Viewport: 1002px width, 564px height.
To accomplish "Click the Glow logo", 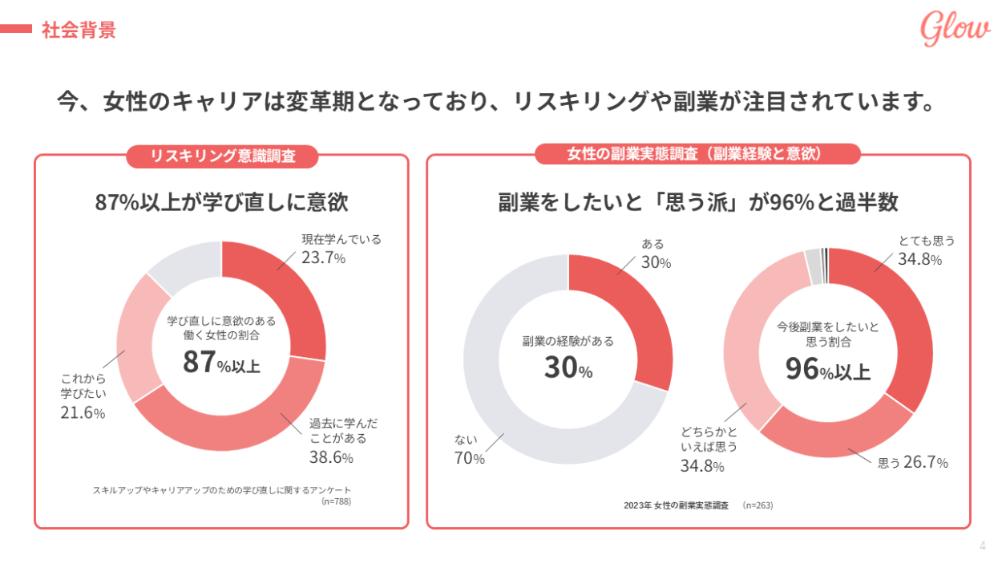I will [955, 30].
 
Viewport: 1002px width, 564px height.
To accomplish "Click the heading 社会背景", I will [79, 30].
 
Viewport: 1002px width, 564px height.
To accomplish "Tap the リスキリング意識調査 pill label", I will [222, 156].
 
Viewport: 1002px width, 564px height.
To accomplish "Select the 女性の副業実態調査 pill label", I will [697, 154].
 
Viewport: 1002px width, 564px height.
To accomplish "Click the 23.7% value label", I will [324, 258].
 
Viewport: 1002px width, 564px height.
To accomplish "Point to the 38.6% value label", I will [331, 457].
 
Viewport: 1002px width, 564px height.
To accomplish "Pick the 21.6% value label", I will [83, 412].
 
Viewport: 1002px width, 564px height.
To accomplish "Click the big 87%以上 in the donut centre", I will [221, 363].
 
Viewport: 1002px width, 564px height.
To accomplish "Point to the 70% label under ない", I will [470, 459].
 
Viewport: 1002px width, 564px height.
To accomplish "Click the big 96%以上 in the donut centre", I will [827, 370].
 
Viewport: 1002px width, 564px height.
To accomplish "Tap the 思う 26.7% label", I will [914, 463].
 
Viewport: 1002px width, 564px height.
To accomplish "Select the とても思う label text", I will [926, 241].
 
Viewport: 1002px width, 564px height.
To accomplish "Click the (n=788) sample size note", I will [336, 501].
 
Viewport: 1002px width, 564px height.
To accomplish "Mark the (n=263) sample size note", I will [758, 505].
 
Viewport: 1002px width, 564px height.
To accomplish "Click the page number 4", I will [983, 546].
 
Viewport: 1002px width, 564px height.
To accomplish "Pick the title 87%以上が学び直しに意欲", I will [221, 202].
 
